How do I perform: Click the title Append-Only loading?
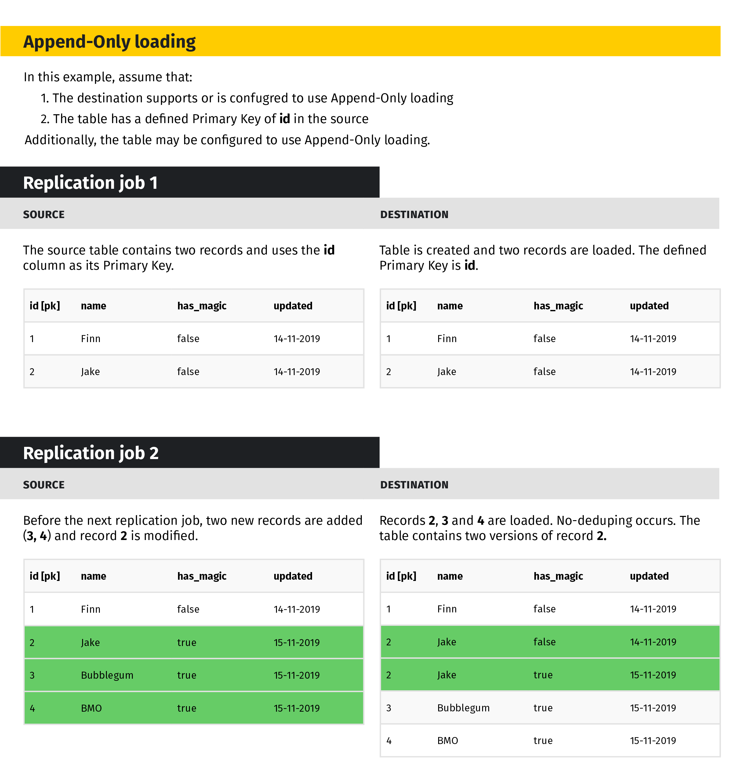point(109,42)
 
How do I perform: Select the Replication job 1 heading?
point(90,183)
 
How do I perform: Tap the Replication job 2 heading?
point(91,453)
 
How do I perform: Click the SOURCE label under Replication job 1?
point(44,214)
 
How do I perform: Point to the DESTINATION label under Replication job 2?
point(414,485)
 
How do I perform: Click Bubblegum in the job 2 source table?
point(107,675)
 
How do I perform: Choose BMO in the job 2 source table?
point(91,708)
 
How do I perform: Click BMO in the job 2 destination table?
point(447,741)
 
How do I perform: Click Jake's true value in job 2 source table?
point(186,642)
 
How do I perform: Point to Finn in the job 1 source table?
point(90,339)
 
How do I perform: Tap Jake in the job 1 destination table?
point(447,372)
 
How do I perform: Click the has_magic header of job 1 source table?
point(202,306)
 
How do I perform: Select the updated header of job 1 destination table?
point(649,306)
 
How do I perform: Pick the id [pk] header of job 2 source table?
point(45,576)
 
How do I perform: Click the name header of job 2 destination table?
point(450,576)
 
